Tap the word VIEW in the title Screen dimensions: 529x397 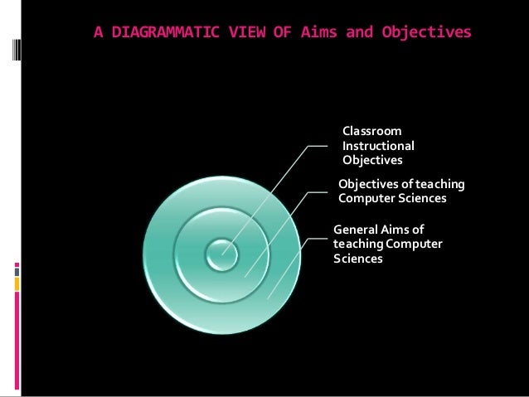pyautogui.click(x=229, y=33)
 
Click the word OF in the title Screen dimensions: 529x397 pyautogui.click(x=265, y=33)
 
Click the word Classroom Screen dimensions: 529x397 pyautogui.click(x=372, y=131)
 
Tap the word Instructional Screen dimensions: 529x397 pyautogui.click(x=378, y=145)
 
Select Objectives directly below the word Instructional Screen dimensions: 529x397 pyautogui.click(x=372, y=159)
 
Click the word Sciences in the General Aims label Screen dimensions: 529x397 pyautogui.click(x=357, y=259)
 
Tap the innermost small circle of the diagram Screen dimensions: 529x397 pyautogui.click(x=221, y=254)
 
